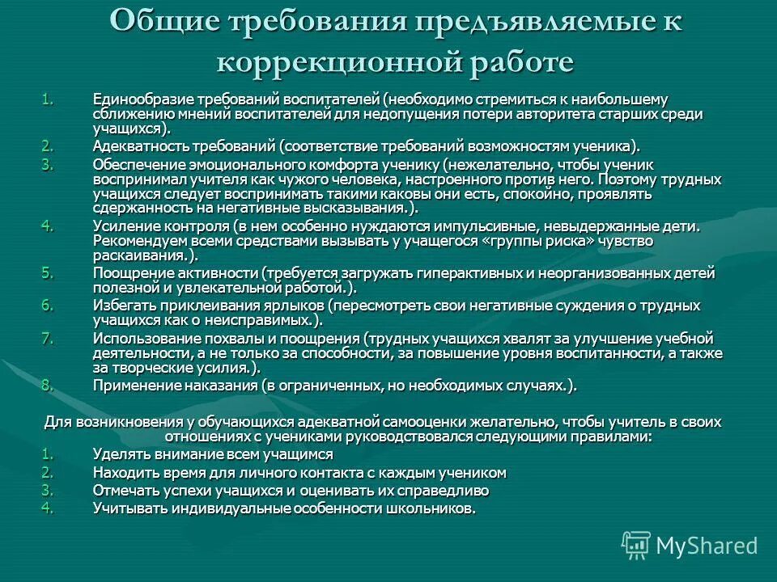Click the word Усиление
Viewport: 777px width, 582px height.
[x=121, y=226]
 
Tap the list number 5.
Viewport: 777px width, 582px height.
[x=47, y=272]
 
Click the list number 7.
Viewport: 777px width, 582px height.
[x=47, y=337]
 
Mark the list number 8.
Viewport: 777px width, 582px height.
[x=47, y=385]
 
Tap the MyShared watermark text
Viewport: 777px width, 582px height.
[x=707, y=546]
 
